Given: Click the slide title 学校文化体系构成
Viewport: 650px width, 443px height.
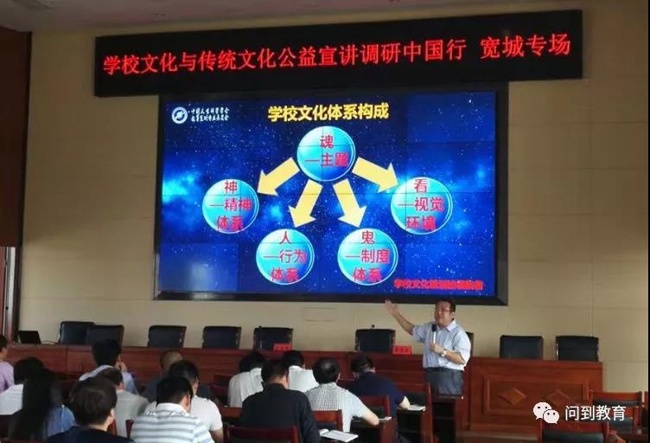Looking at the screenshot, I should click(328, 112).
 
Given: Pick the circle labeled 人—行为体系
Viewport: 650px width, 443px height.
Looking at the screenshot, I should click(284, 256).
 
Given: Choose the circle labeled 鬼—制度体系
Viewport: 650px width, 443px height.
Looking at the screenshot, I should click(367, 256).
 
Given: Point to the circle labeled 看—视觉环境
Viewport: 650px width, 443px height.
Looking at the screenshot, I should click(421, 206).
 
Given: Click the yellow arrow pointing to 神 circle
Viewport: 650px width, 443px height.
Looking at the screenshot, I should click(277, 177).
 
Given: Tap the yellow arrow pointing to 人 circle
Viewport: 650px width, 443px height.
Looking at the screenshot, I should click(305, 204).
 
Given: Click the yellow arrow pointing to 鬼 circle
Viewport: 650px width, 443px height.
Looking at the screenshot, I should click(348, 204).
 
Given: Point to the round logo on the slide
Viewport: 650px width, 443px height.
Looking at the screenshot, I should click(180, 115).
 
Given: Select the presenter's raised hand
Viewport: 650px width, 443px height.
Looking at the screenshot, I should click(390, 305).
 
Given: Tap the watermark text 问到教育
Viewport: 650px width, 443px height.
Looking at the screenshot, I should click(596, 413).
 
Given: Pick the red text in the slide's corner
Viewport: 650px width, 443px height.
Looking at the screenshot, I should click(438, 283).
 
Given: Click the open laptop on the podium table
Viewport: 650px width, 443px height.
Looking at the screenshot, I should click(29, 337).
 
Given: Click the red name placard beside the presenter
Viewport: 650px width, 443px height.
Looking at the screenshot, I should click(402, 350).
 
